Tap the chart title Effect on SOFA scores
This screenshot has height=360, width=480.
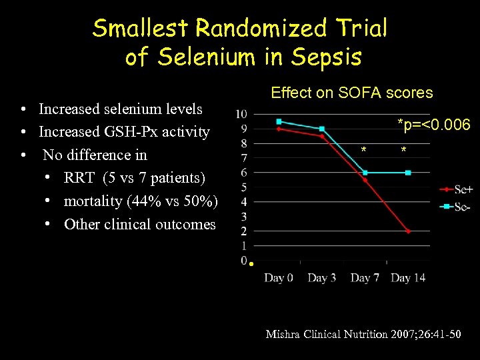tap(351, 93)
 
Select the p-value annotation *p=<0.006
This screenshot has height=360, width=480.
tap(433, 125)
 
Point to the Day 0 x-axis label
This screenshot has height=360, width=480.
tap(278, 277)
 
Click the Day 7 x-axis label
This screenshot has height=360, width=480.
tap(365, 277)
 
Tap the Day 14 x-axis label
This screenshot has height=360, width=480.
tap(408, 277)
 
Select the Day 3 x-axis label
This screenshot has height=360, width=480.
tap(321, 277)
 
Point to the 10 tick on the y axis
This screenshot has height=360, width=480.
tap(241, 114)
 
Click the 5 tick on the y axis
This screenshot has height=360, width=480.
tap(244, 187)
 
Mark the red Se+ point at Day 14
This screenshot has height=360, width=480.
tap(408, 231)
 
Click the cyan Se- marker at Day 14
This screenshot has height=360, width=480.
tap(408, 173)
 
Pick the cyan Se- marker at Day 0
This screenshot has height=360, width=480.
tap(279, 121)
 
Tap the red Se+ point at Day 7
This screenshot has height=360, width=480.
tap(365, 179)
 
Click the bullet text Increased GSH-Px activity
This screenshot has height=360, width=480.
tap(124, 132)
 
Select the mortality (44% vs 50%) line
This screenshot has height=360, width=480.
tap(141, 201)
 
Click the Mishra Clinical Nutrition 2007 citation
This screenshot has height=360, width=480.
tap(363, 333)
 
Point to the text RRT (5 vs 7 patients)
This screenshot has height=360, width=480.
tap(135, 178)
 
